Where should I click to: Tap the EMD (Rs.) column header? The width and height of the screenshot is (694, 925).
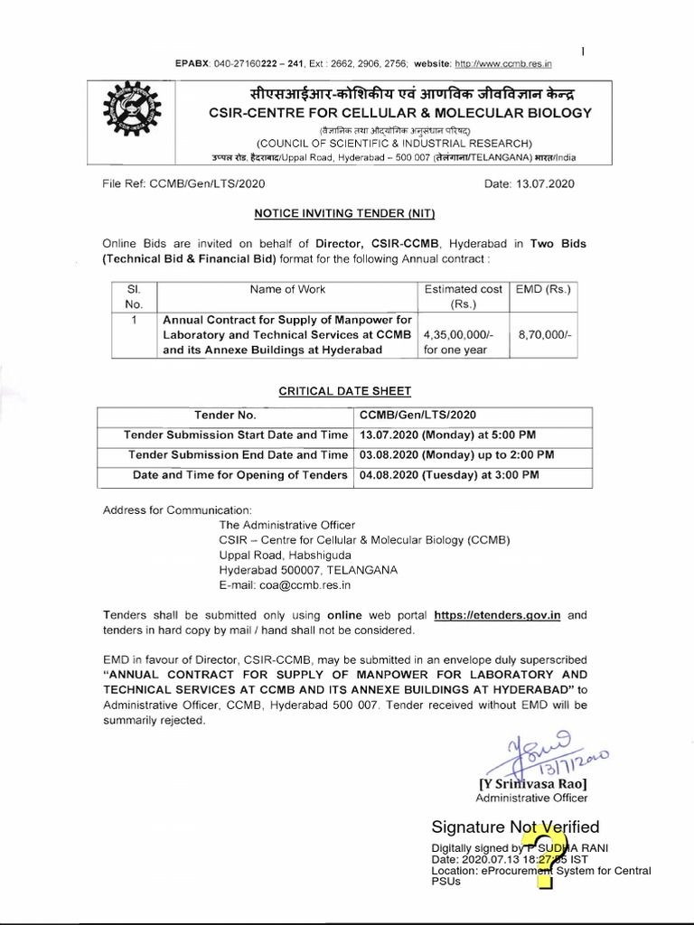[x=543, y=290]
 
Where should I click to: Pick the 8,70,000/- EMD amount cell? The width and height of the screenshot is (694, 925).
[x=543, y=334]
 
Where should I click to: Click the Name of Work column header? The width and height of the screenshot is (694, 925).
[x=287, y=290]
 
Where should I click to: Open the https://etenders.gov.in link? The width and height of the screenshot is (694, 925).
[x=498, y=614]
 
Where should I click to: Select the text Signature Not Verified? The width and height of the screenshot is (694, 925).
[x=515, y=827]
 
